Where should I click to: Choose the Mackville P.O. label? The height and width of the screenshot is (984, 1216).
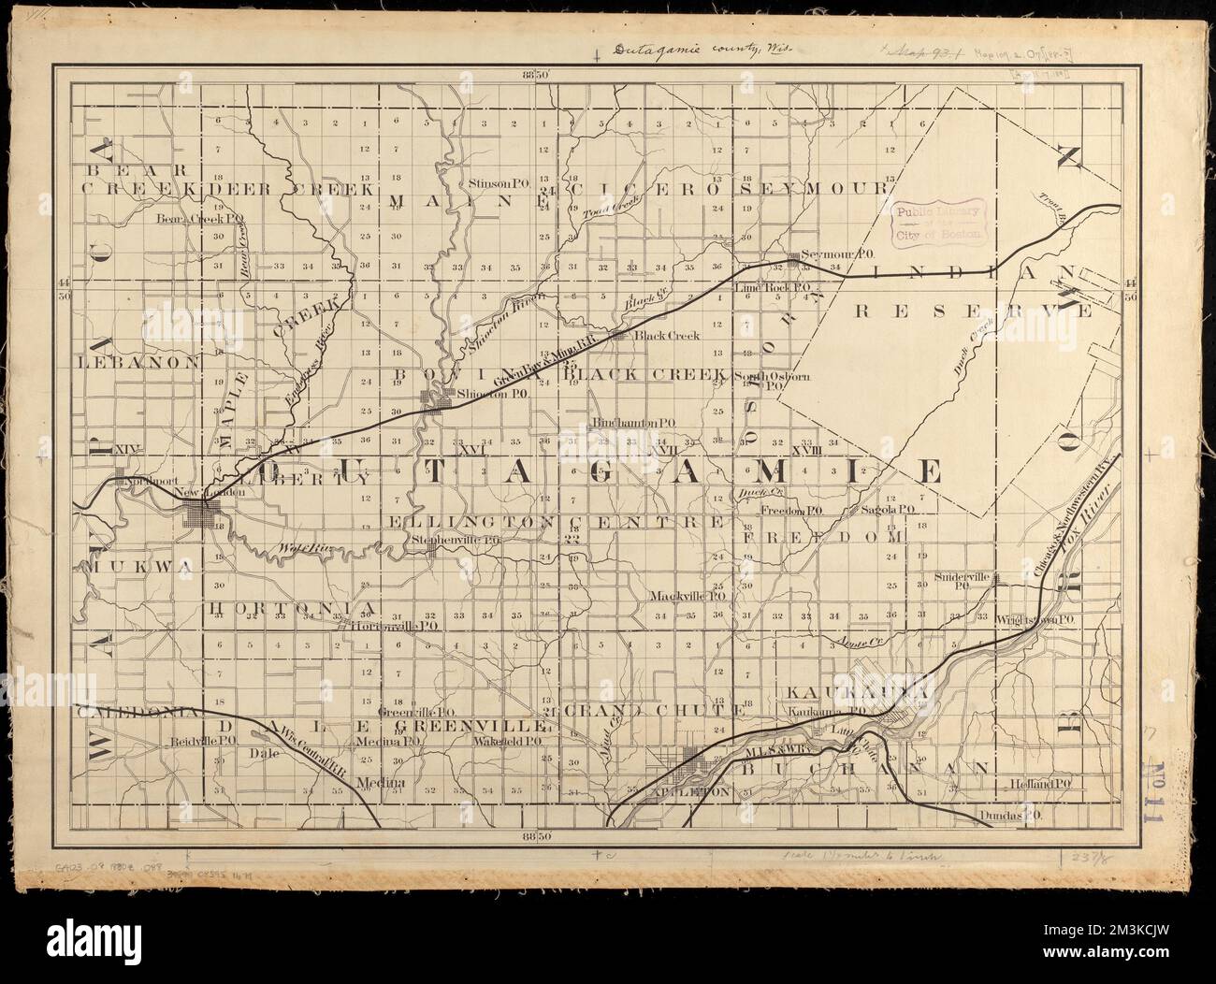(x=690, y=595)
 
